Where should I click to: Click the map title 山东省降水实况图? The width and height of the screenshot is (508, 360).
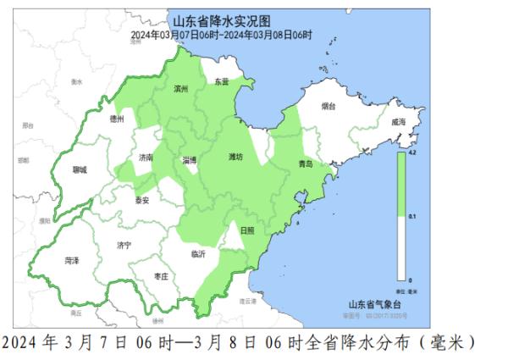[221, 21]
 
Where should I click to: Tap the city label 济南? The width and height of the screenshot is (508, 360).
[146, 158]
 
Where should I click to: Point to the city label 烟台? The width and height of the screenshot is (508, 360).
[329, 107]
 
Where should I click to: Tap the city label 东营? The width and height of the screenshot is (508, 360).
[222, 82]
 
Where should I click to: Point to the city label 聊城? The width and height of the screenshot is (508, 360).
[80, 169]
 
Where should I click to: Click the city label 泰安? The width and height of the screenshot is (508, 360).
[141, 201]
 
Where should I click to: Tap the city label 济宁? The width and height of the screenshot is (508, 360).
[124, 245]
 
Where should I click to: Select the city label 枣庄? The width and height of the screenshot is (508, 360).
[160, 276]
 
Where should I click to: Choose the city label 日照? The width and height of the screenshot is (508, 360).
[246, 230]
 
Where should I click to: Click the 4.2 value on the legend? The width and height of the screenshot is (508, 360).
[411, 153]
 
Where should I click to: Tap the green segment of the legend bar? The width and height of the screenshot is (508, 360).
[400, 186]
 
